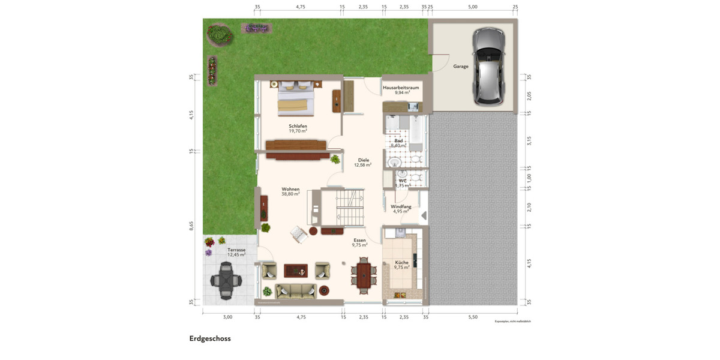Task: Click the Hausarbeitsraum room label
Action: point(401,88)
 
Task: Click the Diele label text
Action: point(363,160)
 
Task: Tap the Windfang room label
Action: point(401,206)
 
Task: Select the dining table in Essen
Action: point(363,275)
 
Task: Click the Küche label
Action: point(401,263)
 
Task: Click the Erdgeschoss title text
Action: point(210,338)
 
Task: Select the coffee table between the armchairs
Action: point(295,271)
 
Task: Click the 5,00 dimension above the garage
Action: point(472,7)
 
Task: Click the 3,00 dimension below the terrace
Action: point(227,316)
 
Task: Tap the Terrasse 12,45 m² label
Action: point(236,252)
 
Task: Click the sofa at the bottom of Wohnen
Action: point(295,292)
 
